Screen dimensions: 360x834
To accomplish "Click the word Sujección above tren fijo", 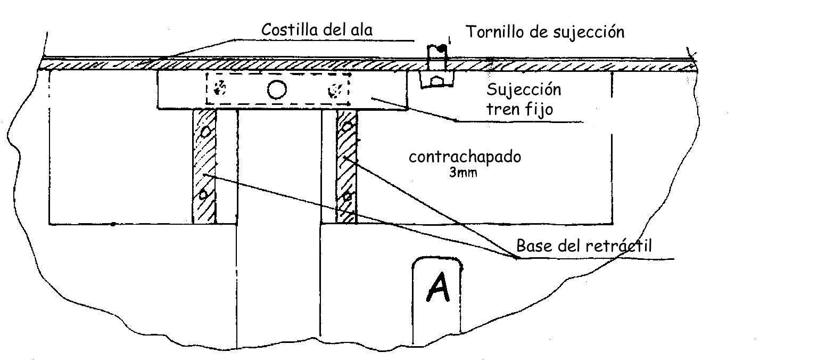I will pyautogui.click(x=524, y=89).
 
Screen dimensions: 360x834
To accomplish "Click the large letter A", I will pyautogui.click(x=437, y=289).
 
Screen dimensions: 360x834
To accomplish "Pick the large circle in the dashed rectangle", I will pyautogui.click(x=277, y=89).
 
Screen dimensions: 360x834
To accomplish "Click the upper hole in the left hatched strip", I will pyautogui.click(x=205, y=130).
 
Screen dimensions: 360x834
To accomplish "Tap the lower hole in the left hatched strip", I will pyautogui.click(x=203, y=195).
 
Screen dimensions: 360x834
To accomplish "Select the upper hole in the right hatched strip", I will pyautogui.click(x=347, y=127).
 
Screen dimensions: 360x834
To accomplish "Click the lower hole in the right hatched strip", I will pyautogui.click(x=347, y=197).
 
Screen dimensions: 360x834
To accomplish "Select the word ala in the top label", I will pyautogui.click(x=360, y=30).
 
